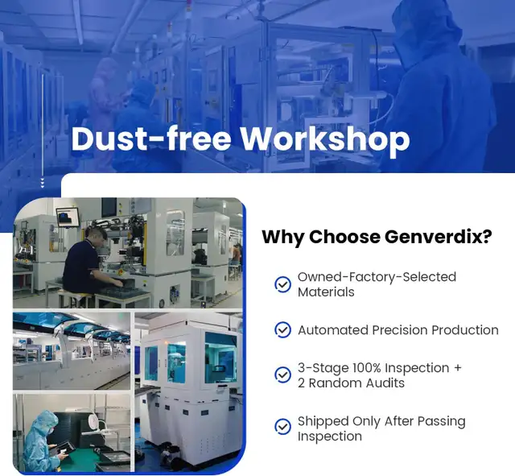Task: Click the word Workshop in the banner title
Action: pos(325,139)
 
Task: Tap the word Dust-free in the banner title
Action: pos(151,139)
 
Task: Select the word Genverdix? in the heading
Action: pos(438,236)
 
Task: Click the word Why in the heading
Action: pos(283,237)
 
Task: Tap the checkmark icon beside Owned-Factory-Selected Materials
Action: pos(282,284)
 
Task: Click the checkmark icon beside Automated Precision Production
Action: pos(282,329)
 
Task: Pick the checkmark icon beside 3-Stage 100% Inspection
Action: pos(282,375)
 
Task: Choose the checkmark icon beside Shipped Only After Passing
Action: pos(282,427)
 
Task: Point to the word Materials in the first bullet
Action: pos(326,292)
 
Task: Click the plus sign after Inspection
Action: pos(458,367)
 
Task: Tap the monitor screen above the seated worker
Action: pos(68,217)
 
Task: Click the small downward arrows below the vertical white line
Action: pos(43,183)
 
